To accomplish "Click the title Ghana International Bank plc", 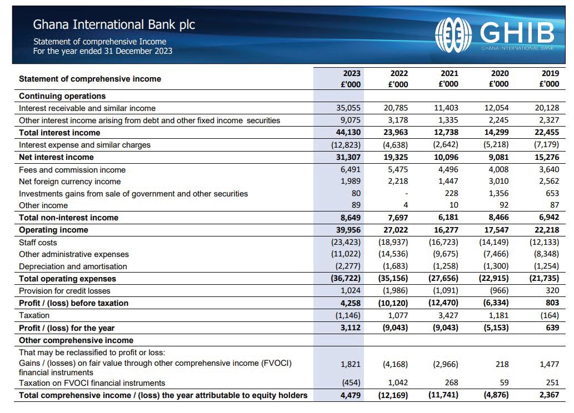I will [114, 24].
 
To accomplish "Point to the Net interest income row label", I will [56, 157].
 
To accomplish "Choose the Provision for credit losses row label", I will [64, 291].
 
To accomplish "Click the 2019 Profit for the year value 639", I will [552, 328].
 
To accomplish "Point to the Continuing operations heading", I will [62, 96].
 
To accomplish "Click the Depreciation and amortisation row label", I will [73, 266].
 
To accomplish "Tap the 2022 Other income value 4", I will [406, 205].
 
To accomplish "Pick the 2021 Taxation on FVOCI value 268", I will [451, 383].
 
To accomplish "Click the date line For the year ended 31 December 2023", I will [103, 51].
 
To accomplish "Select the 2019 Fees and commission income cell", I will [548, 170].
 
